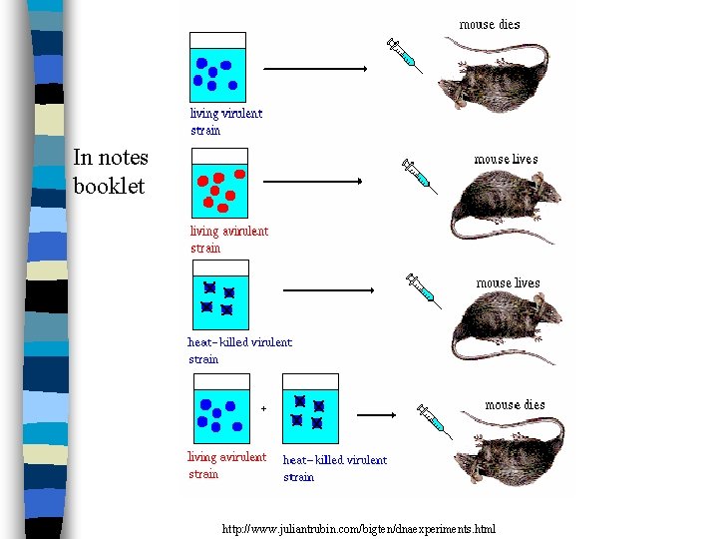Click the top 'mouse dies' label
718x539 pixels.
coord(489,24)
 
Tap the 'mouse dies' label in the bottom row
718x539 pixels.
coord(515,404)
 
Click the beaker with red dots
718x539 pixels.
coord(219,185)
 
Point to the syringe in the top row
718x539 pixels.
coord(405,55)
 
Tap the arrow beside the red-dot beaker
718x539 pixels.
coord(312,182)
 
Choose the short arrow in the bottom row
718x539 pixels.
coord(377,415)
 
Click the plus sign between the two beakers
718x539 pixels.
coord(263,407)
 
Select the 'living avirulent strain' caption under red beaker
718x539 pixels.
coord(229,240)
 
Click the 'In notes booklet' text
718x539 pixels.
coord(110,171)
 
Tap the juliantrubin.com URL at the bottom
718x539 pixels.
coord(359,528)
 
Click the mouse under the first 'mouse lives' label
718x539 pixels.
coord(505,206)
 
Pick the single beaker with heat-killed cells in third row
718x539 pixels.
coord(219,296)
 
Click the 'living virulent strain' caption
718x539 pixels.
coord(226,121)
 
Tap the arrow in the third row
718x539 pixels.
coord(329,290)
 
